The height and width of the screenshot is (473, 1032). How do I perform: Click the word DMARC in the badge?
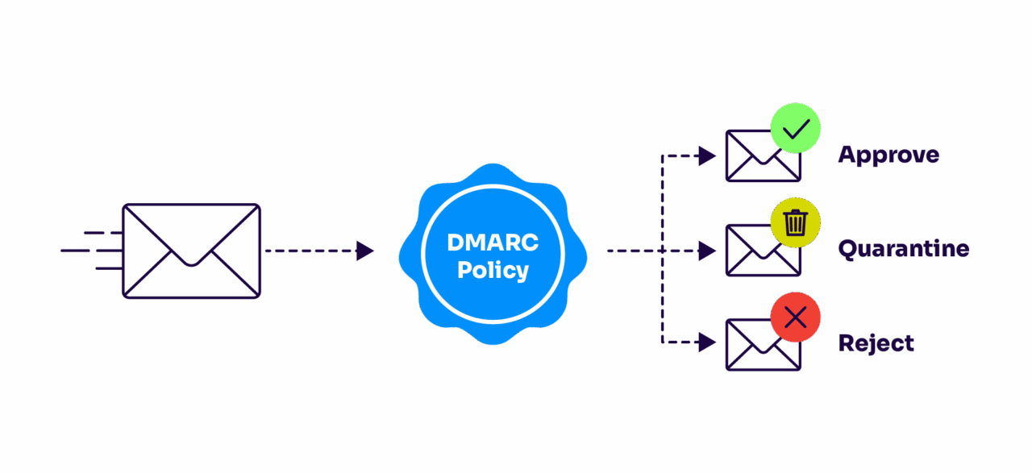click(x=493, y=243)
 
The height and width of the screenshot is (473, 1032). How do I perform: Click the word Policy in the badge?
click(x=493, y=270)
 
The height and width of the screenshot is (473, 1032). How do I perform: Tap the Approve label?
click(x=888, y=155)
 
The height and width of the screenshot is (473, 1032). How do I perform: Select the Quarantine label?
click(x=903, y=248)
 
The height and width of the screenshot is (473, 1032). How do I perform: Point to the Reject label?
click(x=876, y=343)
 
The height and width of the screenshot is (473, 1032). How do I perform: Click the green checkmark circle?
click(x=795, y=128)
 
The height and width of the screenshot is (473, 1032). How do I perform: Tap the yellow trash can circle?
click(x=795, y=222)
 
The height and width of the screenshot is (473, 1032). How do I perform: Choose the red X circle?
click(x=795, y=317)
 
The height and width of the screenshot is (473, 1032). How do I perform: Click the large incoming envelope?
click(x=191, y=251)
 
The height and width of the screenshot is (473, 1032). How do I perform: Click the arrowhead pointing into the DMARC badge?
click(x=365, y=251)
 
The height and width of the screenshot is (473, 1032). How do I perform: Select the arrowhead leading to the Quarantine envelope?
click(x=707, y=251)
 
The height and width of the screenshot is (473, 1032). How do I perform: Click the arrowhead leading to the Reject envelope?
click(x=707, y=342)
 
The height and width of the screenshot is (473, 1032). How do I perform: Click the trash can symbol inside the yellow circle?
click(x=795, y=222)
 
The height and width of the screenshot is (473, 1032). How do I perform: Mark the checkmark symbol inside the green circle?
click(x=795, y=128)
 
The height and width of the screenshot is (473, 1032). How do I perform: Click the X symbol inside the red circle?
click(x=795, y=317)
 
